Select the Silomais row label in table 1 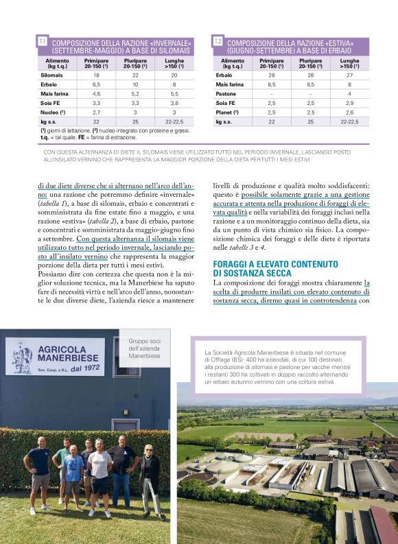click(51, 75)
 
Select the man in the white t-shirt click(99, 473)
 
